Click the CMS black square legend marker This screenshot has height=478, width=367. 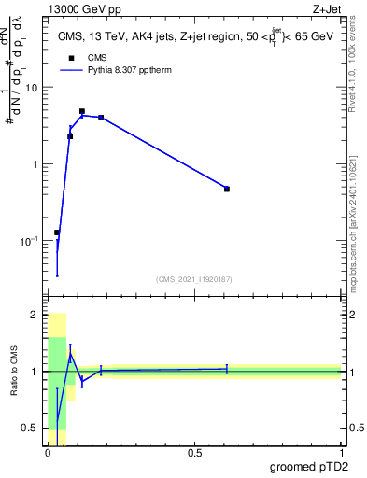point(70,59)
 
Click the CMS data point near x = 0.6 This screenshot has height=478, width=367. point(227,189)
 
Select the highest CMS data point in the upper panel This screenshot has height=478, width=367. point(82,111)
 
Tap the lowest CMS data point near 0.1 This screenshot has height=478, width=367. point(57,232)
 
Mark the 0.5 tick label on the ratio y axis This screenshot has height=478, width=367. point(32,429)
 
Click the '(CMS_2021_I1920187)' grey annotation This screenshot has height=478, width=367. point(194,278)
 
